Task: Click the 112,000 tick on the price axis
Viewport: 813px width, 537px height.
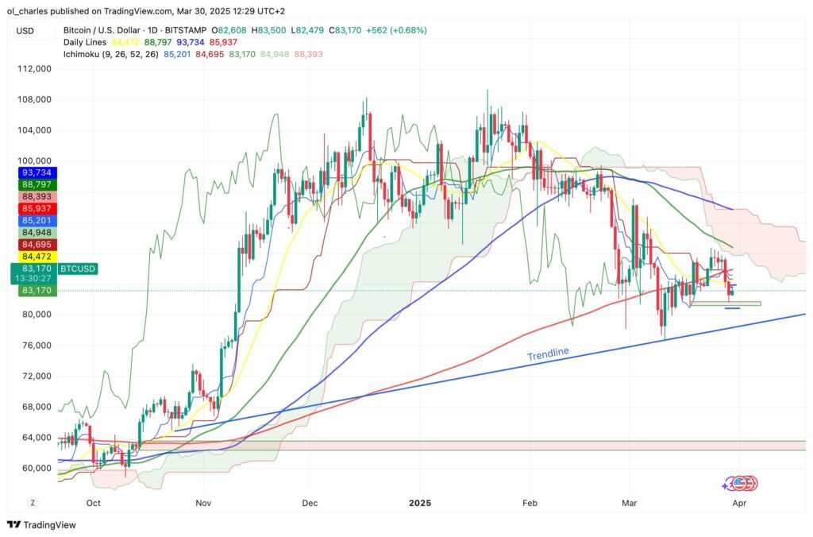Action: pyautogui.click(x=35, y=69)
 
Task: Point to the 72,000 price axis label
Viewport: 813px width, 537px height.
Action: pyautogui.click(x=35, y=377)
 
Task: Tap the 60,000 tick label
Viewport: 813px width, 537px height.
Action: pyautogui.click(x=35, y=469)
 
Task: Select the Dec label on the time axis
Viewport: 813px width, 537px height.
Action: pyautogui.click(x=310, y=503)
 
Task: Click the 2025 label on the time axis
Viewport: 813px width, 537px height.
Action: pyautogui.click(x=421, y=503)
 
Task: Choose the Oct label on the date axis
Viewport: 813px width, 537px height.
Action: pyautogui.click(x=93, y=503)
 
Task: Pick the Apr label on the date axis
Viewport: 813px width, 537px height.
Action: pyautogui.click(x=739, y=503)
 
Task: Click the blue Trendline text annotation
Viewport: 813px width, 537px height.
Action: pyautogui.click(x=548, y=353)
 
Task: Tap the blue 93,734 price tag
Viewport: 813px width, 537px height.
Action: pyautogui.click(x=33, y=173)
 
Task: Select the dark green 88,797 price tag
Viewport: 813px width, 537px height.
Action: pyautogui.click(x=33, y=185)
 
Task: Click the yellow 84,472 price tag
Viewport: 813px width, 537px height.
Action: pyautogui.click(x=33, y=256)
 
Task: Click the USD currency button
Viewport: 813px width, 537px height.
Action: pyautogui.click(x=26, y=30)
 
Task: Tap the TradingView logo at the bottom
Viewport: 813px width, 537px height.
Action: pyautogui.click(x=40, y=525)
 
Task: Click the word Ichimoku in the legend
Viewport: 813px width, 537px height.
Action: pyautogui.click(x=84, y=54)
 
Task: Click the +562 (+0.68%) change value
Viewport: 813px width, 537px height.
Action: pyautogui.click(x=397, y=30)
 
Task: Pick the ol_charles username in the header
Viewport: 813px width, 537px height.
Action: pyautogui.click(x=29, y=11)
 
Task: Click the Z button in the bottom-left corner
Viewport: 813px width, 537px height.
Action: pyautogui.click(x=33, y=503)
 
